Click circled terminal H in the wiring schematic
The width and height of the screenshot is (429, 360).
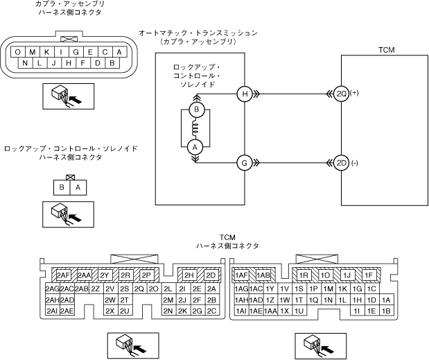[243, 94]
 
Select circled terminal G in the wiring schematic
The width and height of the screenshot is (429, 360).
[243, 163]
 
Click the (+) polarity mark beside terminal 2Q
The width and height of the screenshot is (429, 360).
[356, 92]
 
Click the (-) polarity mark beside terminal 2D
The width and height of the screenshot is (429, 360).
[355, 162]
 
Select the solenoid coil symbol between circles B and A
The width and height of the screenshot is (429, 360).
[195, 128]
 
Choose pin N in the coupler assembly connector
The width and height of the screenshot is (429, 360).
[25, 64]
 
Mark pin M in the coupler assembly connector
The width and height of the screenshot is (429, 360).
[33, 52]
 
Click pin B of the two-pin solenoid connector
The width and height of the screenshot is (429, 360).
[62, 187]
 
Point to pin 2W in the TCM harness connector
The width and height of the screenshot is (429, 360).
[110, 300]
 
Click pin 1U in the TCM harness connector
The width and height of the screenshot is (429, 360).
[299, 311]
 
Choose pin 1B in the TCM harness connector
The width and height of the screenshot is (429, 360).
[386, 311]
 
